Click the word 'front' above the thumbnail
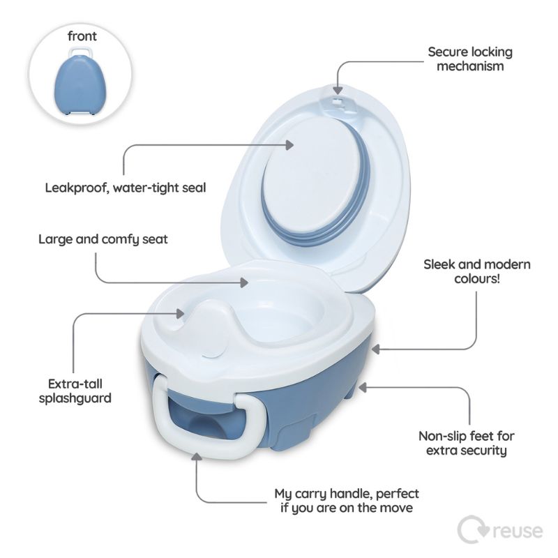(x=82, y=36)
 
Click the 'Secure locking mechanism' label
(x=470, y=59)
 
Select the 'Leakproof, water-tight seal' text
(x=126, y=188)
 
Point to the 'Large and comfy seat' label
(x=103, y=239)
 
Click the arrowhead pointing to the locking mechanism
(x=338, y=89)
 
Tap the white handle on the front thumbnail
(x=82, y=53)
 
